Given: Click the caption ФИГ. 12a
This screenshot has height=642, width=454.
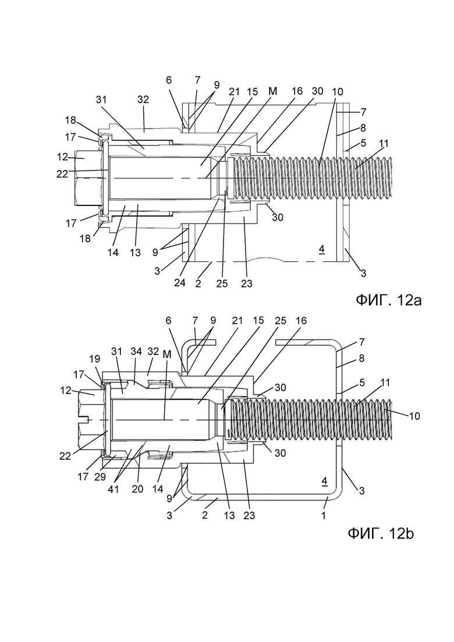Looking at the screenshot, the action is (x=388, y=300).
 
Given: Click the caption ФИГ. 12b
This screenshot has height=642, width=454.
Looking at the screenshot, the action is (x=381, y=534).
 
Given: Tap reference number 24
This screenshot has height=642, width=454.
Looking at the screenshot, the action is (x=180, y=283).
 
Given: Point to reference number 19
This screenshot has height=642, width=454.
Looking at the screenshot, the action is (x=94, y=359).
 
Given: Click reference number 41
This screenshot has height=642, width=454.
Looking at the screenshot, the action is (x=113, y=489).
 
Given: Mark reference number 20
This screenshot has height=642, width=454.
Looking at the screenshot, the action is (x=137, y=489).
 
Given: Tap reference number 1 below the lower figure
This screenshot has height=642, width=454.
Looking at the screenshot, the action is (x=324, y=516).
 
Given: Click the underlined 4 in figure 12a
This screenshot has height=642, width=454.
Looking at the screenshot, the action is (x=321, y=249).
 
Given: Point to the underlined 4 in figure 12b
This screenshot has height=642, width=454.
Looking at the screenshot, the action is (x=324, y=482).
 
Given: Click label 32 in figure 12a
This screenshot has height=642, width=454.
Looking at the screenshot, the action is (x=143, y=100).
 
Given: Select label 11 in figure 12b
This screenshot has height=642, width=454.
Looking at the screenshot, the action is (x=385, y=383).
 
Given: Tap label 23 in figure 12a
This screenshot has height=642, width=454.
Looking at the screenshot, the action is (x=246, y=283).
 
